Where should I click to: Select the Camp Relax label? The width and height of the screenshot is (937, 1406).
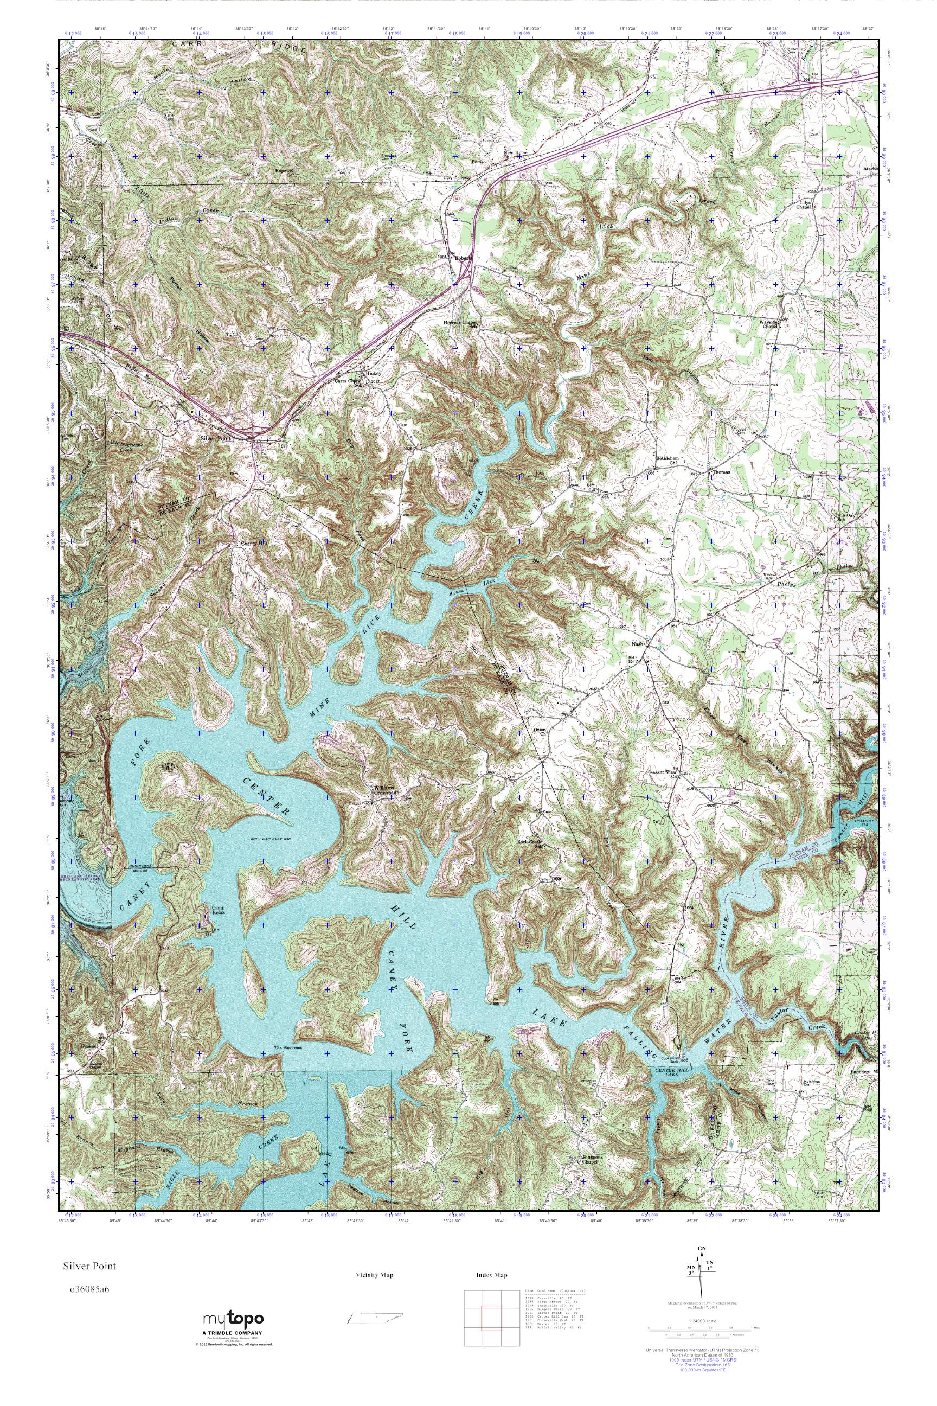click(218, 910)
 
